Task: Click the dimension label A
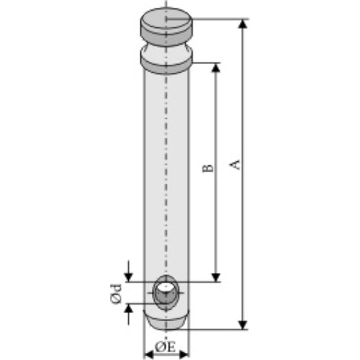pyautogui.click(x=235, y=164)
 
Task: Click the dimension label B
pyautogui.click(x=208, y=168)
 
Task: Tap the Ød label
pyautogui.click(x=116, y=294)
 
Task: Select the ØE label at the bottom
pyautogui.click(x=166, y=347)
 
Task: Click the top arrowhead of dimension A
pyautogui.click(x=243, y=24)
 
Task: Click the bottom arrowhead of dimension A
pyautogui.click(x=243, y=325)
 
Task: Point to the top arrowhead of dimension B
pyautogui.click(x=216, y=68)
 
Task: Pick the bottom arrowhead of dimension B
pyautogui.click(x=216, y=277)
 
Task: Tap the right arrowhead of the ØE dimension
pyautogui.click(x=184, y=354)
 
